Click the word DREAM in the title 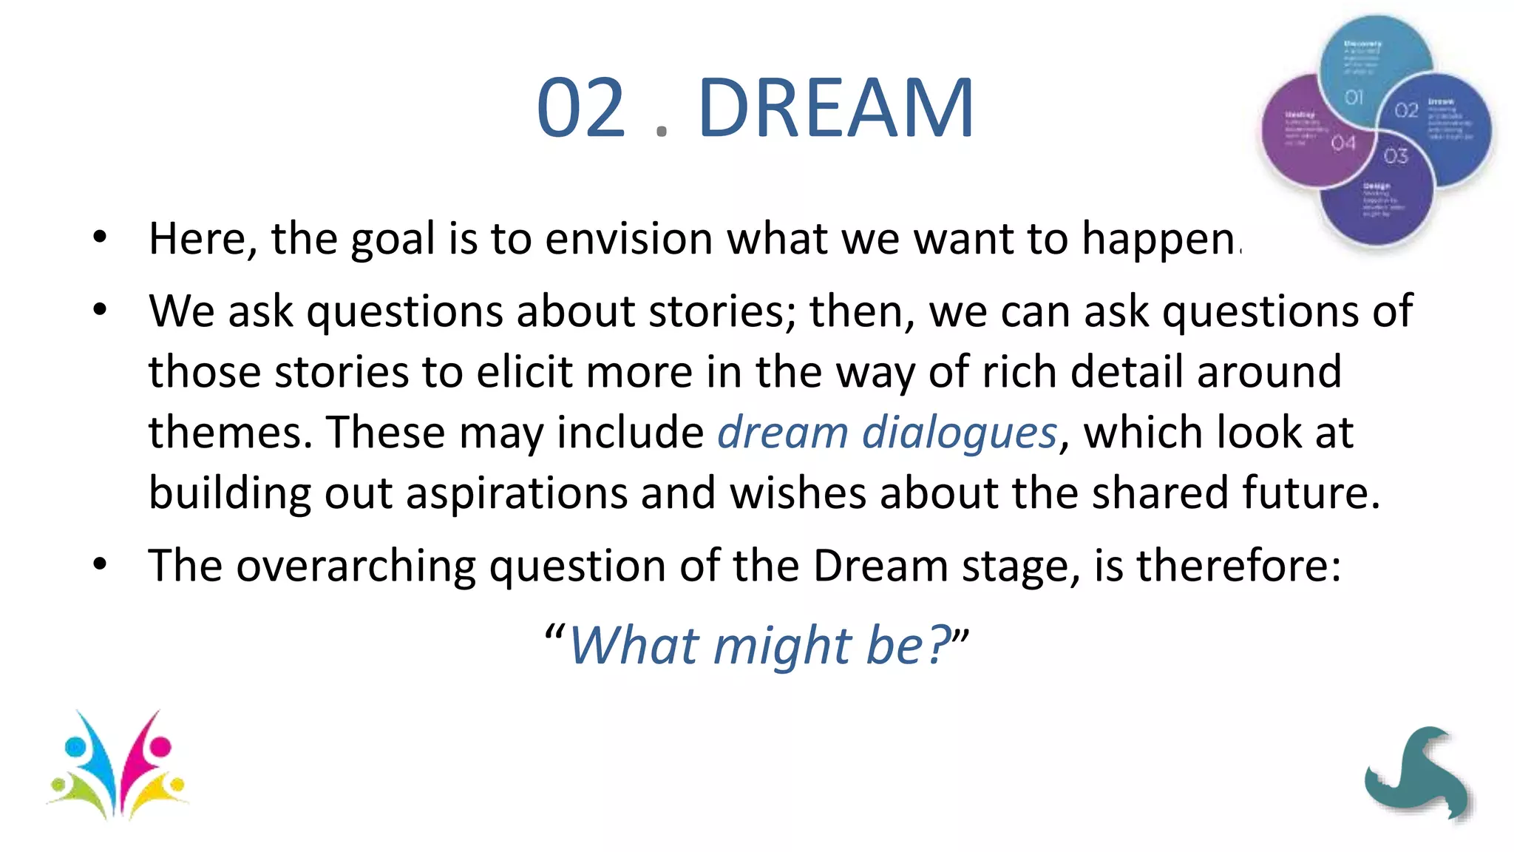(x=835, y=109)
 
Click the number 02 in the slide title (x=581, y=109)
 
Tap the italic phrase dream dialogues (x=887, y=432)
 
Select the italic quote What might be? (x=758, y=645)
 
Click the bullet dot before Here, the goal (x=100, y=237)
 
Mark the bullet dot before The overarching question (x=100, y=565)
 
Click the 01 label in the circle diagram (x=1354, y=97)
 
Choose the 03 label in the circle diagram (x=1396, y=155)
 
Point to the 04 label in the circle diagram (x=1343, y=143)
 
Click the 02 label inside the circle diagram (x=1406, y=110)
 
